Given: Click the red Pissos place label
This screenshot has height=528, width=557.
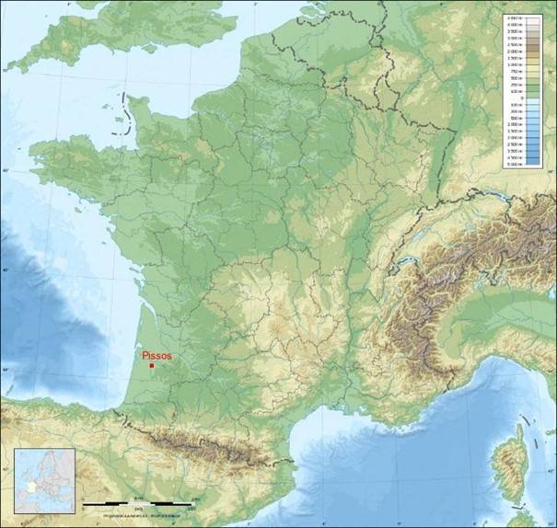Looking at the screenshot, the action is pos(157,355).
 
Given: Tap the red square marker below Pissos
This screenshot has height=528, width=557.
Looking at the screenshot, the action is pos(151,365).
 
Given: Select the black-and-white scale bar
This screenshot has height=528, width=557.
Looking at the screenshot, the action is pos(138,504).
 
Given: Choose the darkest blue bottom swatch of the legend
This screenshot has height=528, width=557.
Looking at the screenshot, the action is pos(512,165).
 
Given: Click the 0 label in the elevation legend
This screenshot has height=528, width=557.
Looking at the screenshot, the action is pos(522,98).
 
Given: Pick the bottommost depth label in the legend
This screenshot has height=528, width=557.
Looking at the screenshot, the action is pos(523,166).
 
